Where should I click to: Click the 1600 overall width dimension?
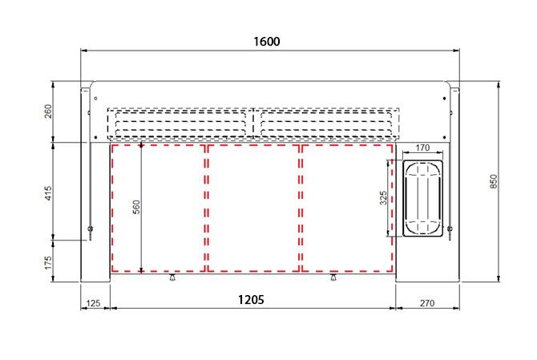tap(267, 42)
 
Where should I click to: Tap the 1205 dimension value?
tap(251, 300)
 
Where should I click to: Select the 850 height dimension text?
tap(494, 181)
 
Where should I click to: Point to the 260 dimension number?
tap(48, 111)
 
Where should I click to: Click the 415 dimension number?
tap(48, 193)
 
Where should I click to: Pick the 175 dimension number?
tap(48, 262)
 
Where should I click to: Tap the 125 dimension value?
tap(93, 303)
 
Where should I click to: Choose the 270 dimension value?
tap(427, 303)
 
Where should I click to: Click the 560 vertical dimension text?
tap(136, 207)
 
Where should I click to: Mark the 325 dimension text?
tap(383, 198)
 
